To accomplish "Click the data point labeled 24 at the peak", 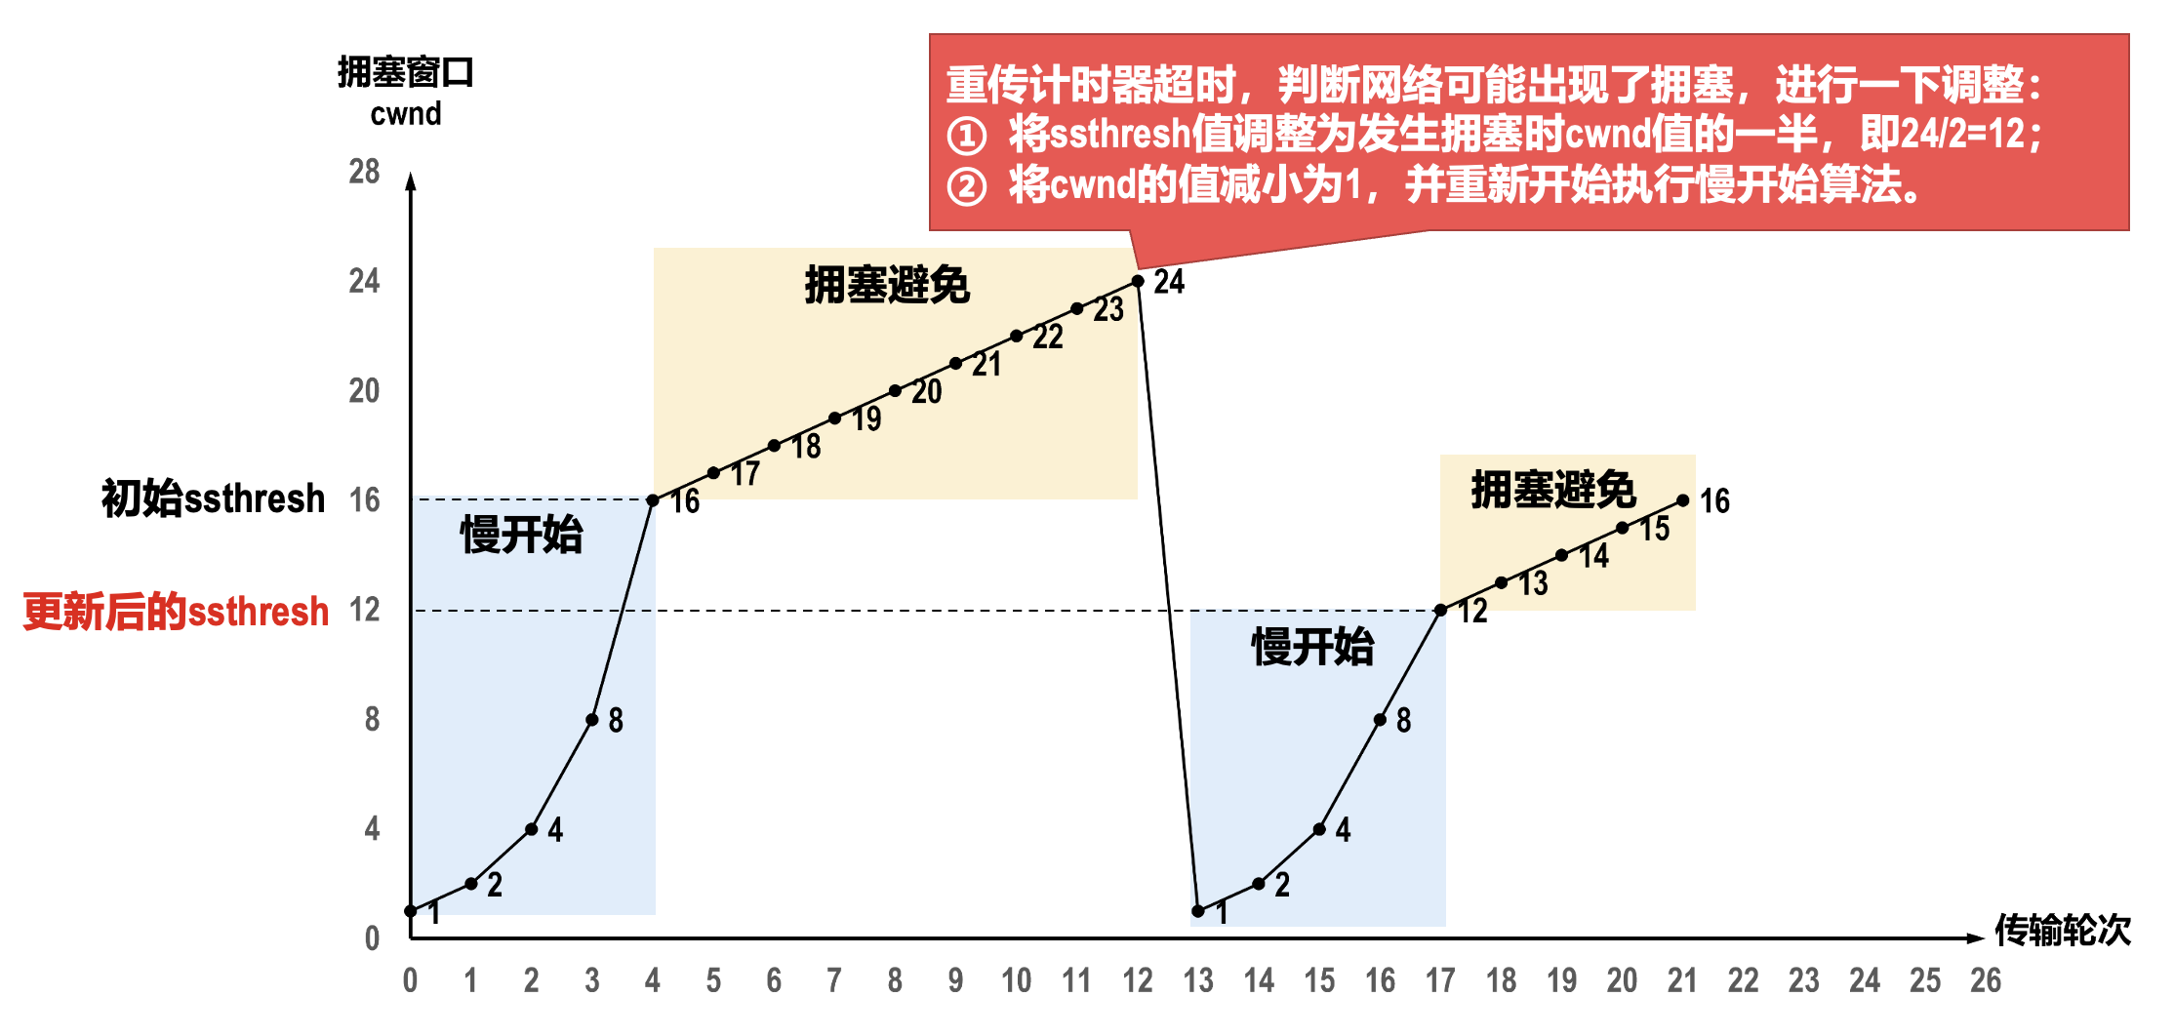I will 1138,281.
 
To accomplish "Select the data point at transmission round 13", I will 1198,911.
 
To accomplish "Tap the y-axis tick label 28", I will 364,172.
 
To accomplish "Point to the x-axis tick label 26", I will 1986,980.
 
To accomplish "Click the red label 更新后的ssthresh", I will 177,612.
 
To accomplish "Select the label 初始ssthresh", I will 213,498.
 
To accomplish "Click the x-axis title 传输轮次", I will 2063,931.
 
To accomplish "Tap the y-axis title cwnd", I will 406,114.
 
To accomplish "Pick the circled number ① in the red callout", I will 967,135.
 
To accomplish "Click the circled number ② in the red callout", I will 967,185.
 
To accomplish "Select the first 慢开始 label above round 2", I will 521,535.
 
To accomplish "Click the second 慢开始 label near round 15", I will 1312,647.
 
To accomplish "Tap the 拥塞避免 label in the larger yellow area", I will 887,285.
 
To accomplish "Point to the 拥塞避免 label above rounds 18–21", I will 1553,489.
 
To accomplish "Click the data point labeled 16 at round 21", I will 1683,500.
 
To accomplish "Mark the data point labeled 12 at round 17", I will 1440,610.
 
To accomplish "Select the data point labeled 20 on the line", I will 895,391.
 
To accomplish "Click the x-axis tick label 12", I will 1138,980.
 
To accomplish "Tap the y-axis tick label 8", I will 372,720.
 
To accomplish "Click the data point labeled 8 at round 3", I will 592,720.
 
